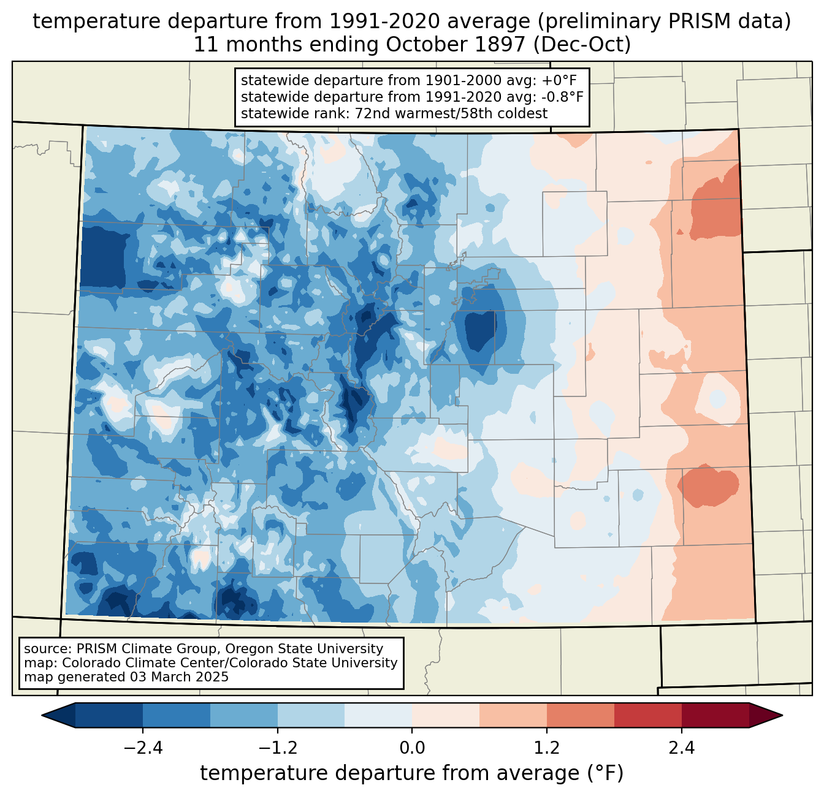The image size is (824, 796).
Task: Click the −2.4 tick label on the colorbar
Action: [x=143, y=748]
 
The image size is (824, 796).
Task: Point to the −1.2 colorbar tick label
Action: [x=278, y=748]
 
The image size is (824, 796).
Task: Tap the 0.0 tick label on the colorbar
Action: [x=412, y=748]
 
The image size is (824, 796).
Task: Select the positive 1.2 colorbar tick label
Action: [x=547, y=748]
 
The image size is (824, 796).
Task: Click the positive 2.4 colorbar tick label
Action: [x=682, y=748]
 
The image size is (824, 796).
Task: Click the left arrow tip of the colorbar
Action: [x=42, y=715]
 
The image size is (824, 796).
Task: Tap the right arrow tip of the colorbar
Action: [x=783, y=715]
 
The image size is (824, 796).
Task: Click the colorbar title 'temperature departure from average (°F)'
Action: [x=412, y=773]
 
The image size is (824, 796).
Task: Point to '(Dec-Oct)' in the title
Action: [x=582, y=45]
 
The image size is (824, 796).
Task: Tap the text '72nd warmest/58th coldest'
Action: [x=451, y=113]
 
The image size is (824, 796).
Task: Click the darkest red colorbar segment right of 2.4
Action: [x=715, y=715]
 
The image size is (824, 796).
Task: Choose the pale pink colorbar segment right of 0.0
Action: [x=446, y=715]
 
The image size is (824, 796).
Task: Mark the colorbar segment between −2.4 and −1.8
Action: [x=177, y=715]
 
